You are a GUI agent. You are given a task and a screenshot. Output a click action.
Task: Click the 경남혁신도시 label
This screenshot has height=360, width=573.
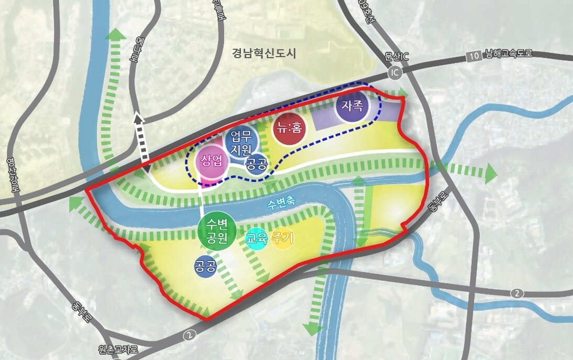point(264,53)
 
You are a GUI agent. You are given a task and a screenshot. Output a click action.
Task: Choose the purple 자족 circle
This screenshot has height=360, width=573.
point(352,105)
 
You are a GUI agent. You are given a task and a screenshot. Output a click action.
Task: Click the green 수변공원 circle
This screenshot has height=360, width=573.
point(216,232)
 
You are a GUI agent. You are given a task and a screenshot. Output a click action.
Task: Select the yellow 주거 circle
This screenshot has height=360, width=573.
point(283,239)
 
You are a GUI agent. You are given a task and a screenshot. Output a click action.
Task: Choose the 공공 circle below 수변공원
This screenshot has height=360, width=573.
point(205,267)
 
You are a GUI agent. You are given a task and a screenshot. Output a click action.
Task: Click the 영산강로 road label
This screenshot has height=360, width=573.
point(13,176)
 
